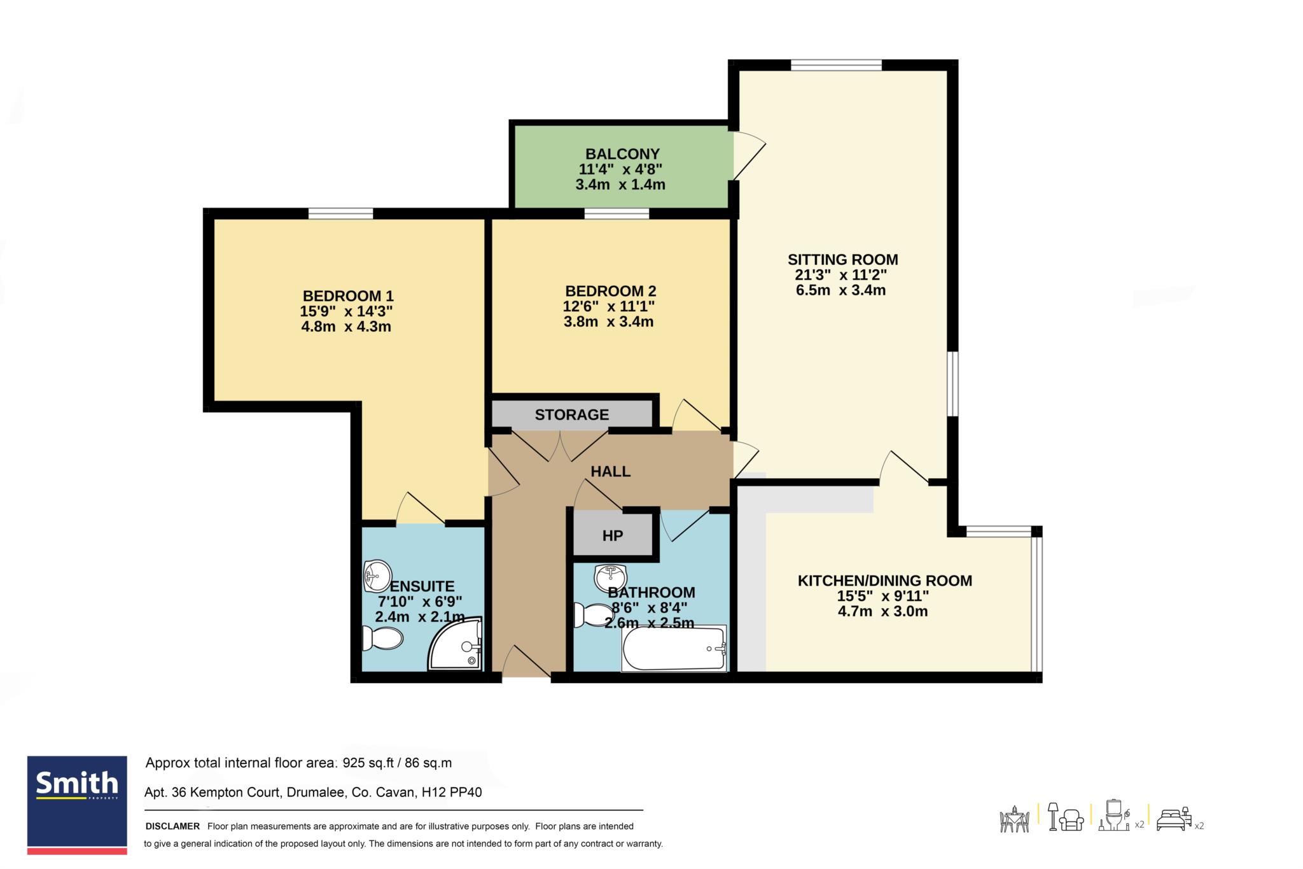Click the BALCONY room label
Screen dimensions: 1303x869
click(622, 154)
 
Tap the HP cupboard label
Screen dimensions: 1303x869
click(613, 536)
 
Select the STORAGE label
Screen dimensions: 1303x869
click(572, 415)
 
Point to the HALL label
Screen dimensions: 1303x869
click(611, 472)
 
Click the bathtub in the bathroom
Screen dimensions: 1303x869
click(674, 649)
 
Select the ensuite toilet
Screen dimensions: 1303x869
click(382, 639)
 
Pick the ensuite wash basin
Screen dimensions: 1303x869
click(378, 576)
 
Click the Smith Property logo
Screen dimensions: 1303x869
click(77, 805)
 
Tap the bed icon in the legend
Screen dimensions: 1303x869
click(1174, 819)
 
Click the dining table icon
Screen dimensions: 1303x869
click(1015, 819)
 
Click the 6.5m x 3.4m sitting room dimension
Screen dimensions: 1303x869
click(840, 290)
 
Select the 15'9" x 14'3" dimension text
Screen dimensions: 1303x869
click(346, 311)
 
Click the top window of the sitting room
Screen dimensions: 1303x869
click(837, 64)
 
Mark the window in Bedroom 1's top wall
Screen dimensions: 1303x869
click(341, 213)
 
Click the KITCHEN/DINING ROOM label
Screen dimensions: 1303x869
click(885, 581)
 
